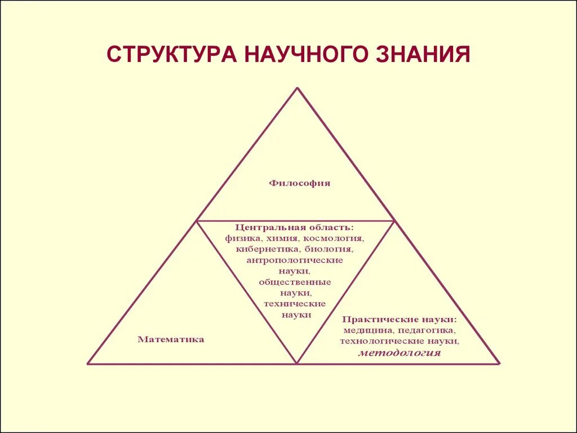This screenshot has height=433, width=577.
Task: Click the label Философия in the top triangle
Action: (299, 183)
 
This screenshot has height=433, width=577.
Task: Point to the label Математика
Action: (171, 339)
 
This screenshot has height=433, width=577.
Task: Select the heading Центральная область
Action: (295, 227)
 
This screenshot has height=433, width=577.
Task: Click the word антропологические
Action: (295, 260)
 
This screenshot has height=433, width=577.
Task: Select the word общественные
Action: (295, 281)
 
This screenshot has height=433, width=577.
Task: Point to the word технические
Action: (295, 303)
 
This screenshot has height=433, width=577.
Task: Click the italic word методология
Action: (400, 354)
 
